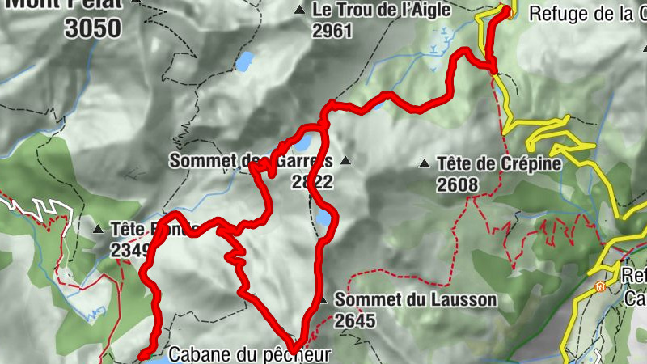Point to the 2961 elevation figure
[332, 31]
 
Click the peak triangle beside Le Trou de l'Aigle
[300, 11]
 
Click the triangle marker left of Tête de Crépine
[424, 164]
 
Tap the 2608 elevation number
[458, 184]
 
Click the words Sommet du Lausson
[416, 300]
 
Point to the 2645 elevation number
[355, 320]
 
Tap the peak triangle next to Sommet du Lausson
[323, 300]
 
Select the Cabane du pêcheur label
[250, 354]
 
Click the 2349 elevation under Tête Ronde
[128, 250]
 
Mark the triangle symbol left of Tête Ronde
[98, 229]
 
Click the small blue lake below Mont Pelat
[243, 61]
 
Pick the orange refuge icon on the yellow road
[599, 286]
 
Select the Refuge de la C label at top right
[587, 13]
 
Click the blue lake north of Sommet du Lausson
[323, 218]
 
